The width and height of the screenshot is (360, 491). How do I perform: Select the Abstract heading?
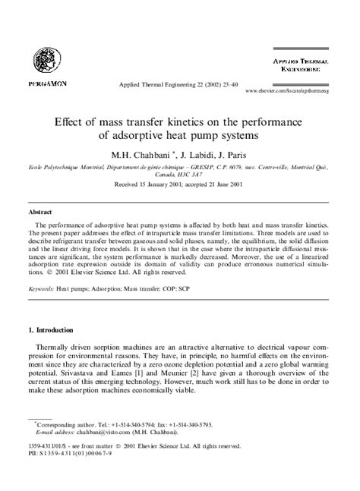[x=39, y=212]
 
